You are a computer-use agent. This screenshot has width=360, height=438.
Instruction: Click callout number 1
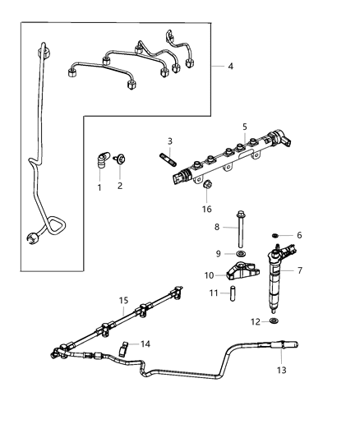(99, 188)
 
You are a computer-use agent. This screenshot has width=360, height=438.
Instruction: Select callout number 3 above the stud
(169, 141)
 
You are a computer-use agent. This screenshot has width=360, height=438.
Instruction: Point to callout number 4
(230, 66)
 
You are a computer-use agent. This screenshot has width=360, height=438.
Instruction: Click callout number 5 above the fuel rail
(244, 127)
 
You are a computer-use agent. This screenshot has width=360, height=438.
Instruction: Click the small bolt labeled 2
(121, 162)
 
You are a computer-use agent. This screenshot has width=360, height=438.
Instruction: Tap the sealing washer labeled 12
(273, 320)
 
